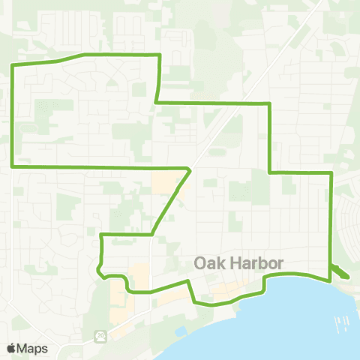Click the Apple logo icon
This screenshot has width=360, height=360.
pyautogui.click(x=10, y=349)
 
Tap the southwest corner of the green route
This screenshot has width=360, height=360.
pyautogui.click(x=12, y=166)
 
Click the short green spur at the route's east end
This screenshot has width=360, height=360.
pyautogui.click(x=338, y=272)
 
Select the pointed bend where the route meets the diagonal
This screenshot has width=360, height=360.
pyautogui.click(x=190, y=169)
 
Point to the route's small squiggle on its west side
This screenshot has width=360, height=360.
pyautogui.click(x=99, y=268)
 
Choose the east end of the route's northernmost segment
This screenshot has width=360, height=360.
pyautogui.click(x=160, y=55)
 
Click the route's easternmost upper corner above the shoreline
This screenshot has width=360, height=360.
pyautogui.click(x=331, y=172)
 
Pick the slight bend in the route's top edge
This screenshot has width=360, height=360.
pyautogui.click(x=82, y=55)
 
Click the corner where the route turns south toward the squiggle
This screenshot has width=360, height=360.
pyautogui.click(x=101, y=235)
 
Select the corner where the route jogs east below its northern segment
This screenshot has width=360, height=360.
pyautogui.click(x=155, y=101)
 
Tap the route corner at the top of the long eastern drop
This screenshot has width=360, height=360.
pyautogui.click(x=268, y=103)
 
